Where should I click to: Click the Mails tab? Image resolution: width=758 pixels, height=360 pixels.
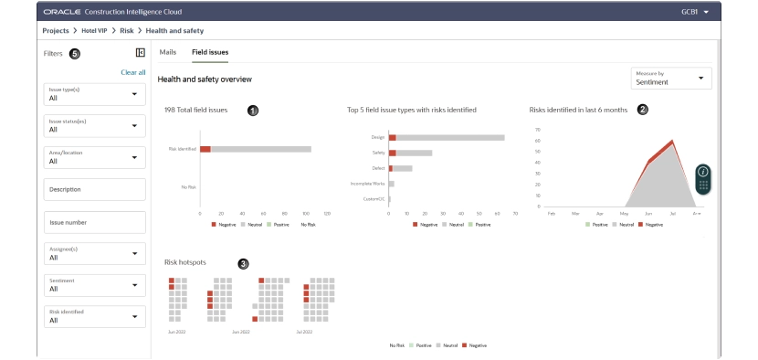point(168,52)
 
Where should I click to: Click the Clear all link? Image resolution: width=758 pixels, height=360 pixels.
point(133,72)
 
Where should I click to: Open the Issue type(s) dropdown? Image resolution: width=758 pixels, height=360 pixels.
point(95,94)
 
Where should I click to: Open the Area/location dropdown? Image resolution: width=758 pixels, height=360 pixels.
point(95,157)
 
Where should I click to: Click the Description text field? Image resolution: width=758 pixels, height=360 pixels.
point(95,189)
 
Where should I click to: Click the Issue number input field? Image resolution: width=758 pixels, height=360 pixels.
point(95,222)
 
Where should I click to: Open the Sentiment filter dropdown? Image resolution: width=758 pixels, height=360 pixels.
point(95,284)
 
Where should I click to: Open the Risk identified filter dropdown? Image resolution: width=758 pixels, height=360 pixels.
point(95,316)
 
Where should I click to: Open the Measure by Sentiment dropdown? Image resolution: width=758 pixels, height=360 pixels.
point(671,79)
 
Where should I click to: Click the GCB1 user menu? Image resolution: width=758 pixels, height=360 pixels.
point(695,12)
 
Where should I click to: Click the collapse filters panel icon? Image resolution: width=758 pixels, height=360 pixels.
point(140,53)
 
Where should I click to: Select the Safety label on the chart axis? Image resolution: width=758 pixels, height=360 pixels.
point(379,153)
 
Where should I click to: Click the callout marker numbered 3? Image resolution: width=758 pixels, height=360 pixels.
point(243,263)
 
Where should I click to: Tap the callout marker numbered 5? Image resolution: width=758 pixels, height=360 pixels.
point(75,54)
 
